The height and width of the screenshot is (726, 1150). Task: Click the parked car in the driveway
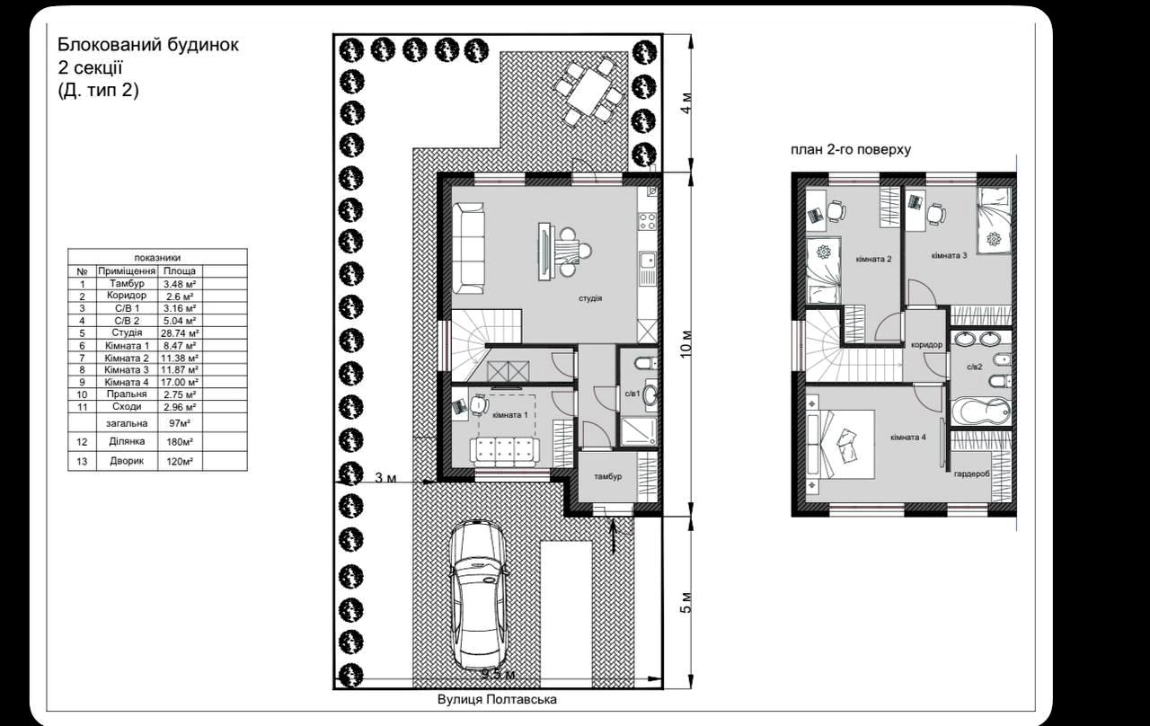pos(477,596)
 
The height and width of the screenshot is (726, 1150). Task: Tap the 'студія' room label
pos(590,298)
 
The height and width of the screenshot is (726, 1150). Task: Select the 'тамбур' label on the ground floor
pos(608,476)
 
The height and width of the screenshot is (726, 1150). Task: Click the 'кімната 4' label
pos(908,438)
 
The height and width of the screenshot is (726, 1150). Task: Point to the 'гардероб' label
pos(971,474)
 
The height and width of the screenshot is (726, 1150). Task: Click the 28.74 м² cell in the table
pos(180,333)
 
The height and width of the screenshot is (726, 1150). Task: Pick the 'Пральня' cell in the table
pos(127,394)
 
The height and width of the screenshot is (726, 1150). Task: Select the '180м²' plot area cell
pos(180,442)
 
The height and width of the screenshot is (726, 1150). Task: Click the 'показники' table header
pos(157,258)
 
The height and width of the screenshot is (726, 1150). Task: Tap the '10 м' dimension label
pos(686,344)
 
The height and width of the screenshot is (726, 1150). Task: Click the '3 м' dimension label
pos(385,478)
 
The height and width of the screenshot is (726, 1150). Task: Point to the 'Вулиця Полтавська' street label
pos(497,699)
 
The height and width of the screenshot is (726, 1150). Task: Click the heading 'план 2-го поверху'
pos(851,150)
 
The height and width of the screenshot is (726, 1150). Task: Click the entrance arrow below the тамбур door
pos(613,536)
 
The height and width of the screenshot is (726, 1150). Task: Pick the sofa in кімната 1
pos(505,450)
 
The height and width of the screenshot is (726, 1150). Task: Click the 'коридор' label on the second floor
pos(926,345)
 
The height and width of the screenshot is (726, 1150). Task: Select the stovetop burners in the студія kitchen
pos(647,221)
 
